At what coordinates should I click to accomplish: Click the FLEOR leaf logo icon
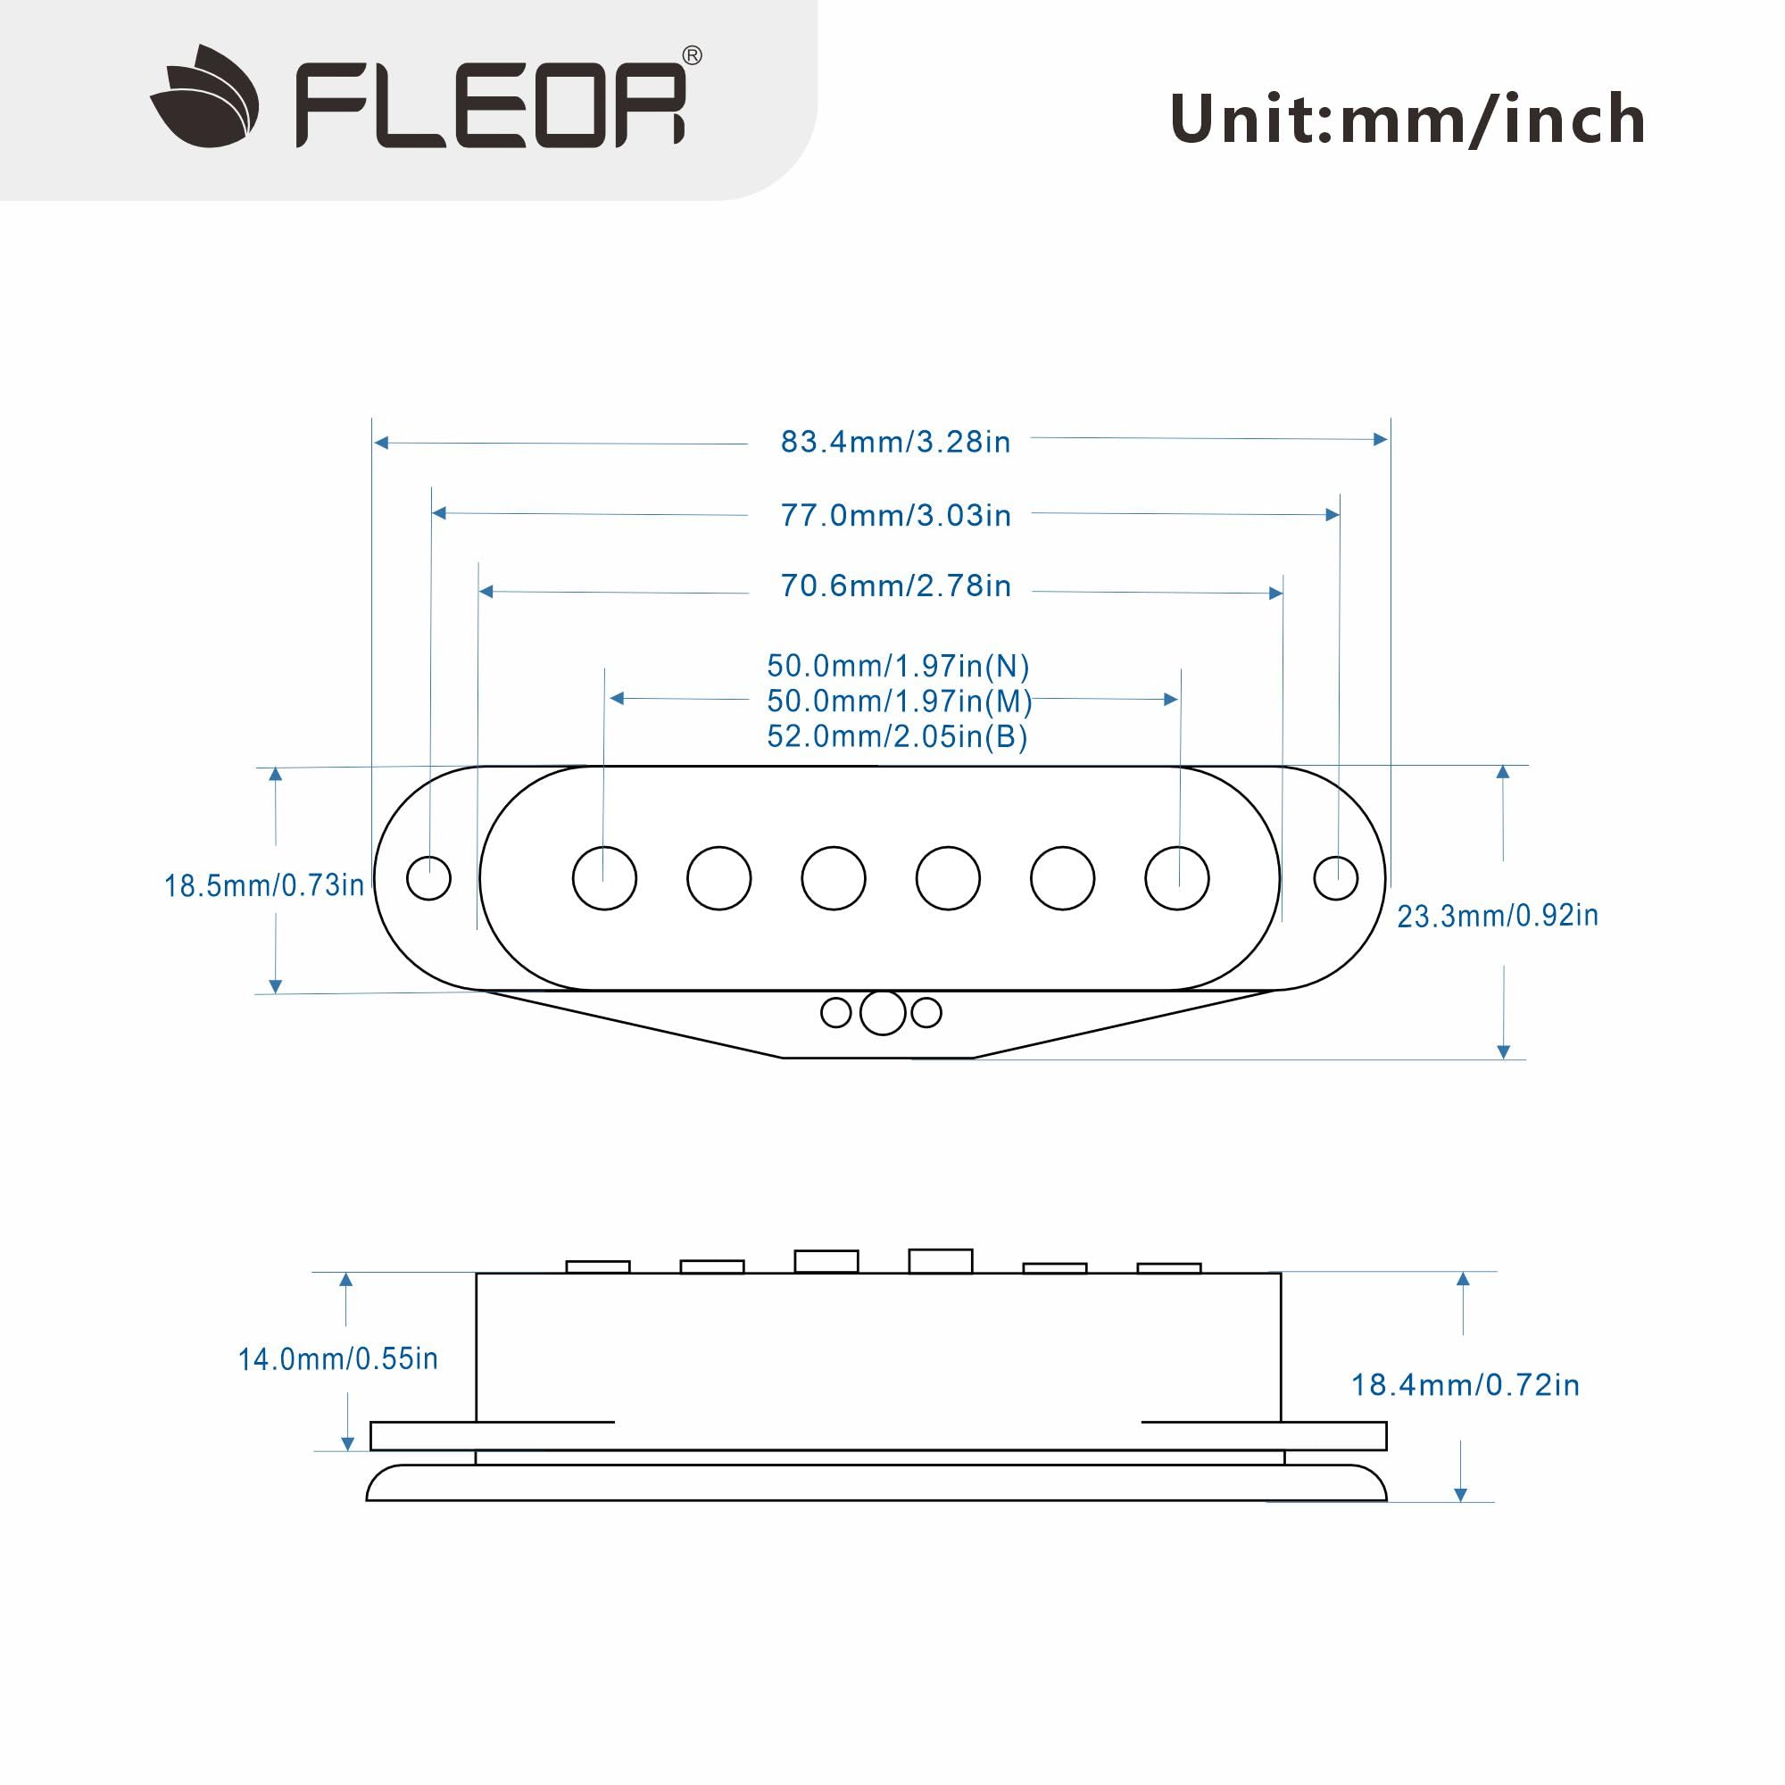point(204,97)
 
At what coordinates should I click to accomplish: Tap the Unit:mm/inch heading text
point(1407,120)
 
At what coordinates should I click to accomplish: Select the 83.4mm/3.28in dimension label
point(895,443)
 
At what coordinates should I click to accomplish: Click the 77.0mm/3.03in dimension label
point(895,516)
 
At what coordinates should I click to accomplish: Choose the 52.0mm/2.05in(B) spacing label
point(897,737)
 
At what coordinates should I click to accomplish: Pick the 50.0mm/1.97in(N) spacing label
point(897,666)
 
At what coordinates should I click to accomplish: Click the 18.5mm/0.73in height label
point(264,886)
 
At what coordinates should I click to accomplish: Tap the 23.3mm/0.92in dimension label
point(1498,916)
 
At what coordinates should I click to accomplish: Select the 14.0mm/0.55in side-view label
point(338,1359)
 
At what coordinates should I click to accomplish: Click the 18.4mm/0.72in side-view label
point(1465,1385)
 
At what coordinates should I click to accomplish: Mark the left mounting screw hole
point(428,877)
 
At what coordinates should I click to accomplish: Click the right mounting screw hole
point(1336,877)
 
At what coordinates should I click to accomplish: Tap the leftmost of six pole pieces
point(604,877)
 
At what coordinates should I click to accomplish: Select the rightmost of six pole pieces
point(1177,877)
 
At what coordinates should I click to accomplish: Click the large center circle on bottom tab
point(883,1013)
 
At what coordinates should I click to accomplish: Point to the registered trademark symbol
point(691,56)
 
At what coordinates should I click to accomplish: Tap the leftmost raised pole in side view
point(598,1266)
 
